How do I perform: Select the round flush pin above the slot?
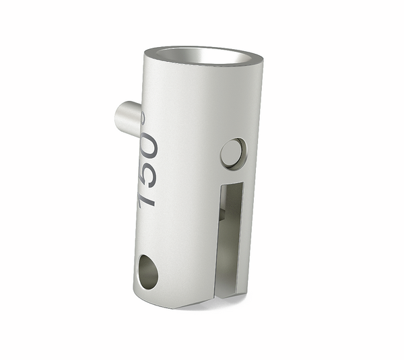coord(232,153)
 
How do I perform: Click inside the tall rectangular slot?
coord(230,229)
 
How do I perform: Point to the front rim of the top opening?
coord(202,64)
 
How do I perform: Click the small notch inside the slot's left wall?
coord(222,213)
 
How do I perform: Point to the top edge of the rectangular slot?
coord(230,184)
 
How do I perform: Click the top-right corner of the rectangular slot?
coord(242,184)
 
